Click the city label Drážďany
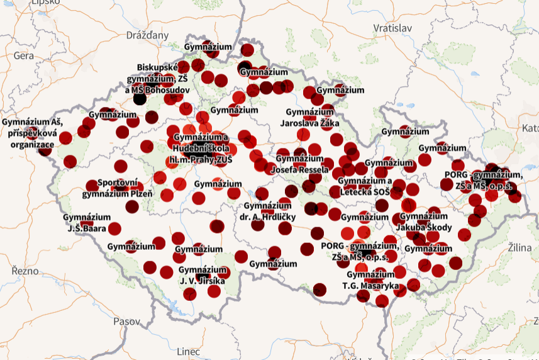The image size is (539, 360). tap(148, 35)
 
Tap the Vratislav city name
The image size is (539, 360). tap(392, 28)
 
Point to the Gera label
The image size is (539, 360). tap(24, 55)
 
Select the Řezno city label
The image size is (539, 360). tap(25, 271)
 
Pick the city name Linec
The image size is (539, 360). tap(188, 351)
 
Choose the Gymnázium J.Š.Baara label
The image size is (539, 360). tap(85, 222)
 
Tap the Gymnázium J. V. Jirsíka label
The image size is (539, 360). tap(202, 275)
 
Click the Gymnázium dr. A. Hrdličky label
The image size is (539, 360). tap(269, 211)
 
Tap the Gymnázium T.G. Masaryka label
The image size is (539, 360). tap(371, 280)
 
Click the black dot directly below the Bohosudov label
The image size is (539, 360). tap(140, 99)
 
